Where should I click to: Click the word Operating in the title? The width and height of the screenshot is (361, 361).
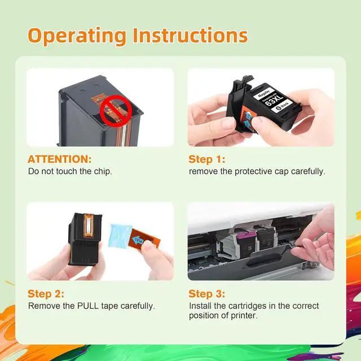click(x=77, y=36)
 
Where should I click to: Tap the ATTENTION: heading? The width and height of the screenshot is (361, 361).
click(x=60, y=159)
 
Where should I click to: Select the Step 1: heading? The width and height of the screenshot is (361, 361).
click(x=207, y=159)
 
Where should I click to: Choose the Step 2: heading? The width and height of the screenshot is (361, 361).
click(x=46, y=294)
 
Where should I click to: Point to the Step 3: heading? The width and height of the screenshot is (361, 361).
click(x=207, y=294)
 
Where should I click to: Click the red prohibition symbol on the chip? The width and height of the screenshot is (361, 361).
click(x=116, y=111)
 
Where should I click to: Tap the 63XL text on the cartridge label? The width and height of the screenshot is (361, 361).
click(x=274, y=100)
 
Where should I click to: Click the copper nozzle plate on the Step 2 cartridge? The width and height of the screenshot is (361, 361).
click(x=89, y=226)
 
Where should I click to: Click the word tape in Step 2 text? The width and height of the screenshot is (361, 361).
click(x=109, y=306)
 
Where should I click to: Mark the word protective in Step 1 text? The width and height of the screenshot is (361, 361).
click(x=253, y=171)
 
